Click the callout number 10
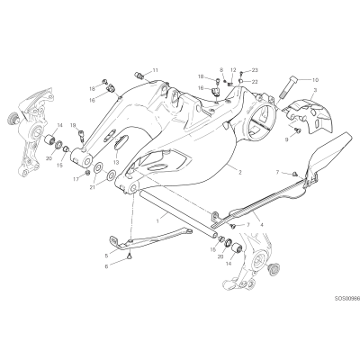(315, 80)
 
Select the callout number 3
(315, 90)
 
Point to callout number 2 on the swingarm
(240, 173)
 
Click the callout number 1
(157, 220)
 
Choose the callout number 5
(106, 256)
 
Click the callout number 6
(106, 265)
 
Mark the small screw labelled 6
(130, 256)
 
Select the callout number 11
(155, 70)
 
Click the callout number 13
(116, 162)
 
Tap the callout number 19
(74, 125)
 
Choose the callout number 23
(255, 70)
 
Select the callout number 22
(255, 82)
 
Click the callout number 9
(287, 139)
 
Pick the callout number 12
(233, 70)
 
